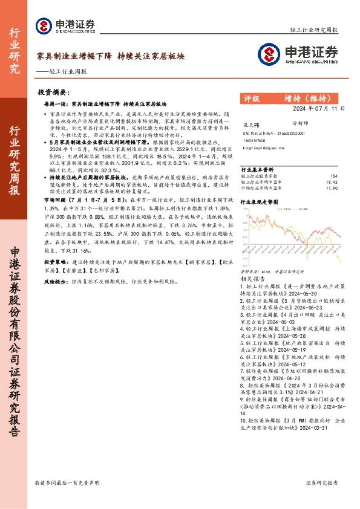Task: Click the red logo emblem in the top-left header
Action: pyautogui.click(x=44, y=25)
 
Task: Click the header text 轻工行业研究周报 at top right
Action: pyautogui.click(x=318, y=30)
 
